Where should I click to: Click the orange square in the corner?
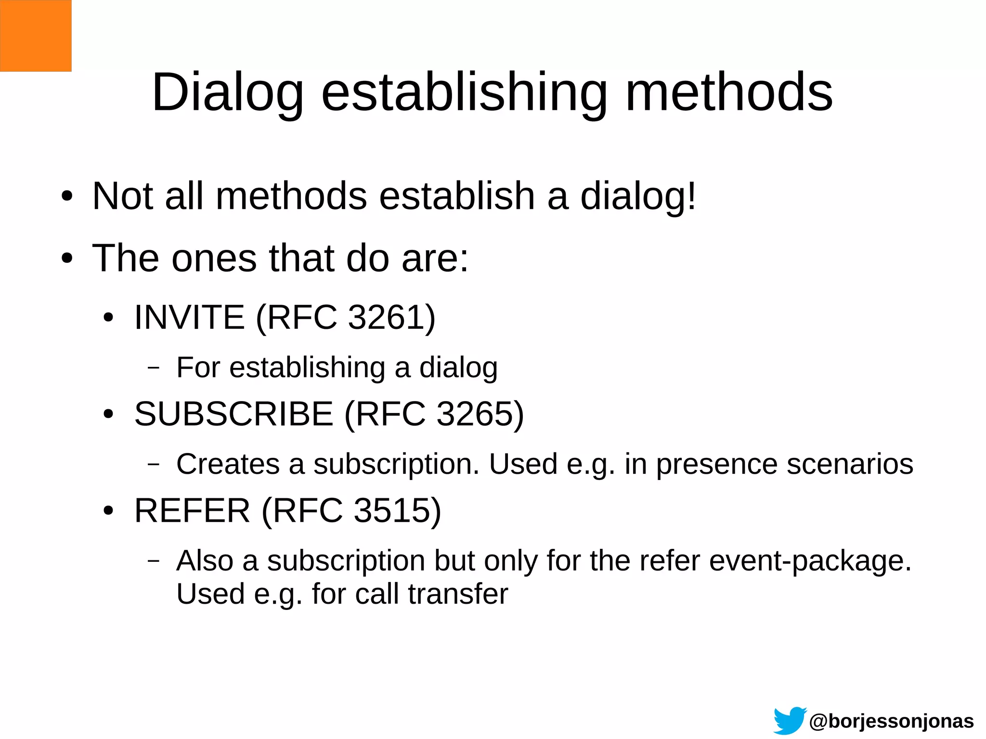[x=36, y=36]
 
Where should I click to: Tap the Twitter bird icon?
[x=789, y=721]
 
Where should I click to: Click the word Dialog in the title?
[x=228, y=92]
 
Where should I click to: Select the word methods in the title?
[x=729, y=92]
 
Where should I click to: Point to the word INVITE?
[x=189, y=317]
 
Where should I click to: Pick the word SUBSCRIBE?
[x=234, y=414]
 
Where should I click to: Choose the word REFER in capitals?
[x=192, y=510]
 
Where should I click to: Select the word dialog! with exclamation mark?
[x=638, y=196]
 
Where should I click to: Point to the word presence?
[x=716, y=465]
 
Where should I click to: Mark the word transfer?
[x=458, y=594]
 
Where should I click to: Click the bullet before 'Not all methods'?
[x=67, y=196]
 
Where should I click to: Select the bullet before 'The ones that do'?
[x=67, y=259]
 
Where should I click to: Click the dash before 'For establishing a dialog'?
[x=154, y=368]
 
